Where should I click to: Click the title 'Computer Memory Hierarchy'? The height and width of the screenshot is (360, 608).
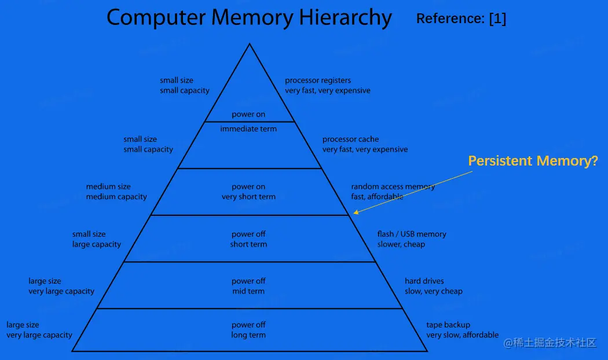(x=249, y=17)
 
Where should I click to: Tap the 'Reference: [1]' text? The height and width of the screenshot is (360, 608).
(x=461, y=19)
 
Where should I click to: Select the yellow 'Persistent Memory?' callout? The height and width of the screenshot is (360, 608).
(x=533, y=161)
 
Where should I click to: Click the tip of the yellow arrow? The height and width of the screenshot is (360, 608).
(x=354, y=214)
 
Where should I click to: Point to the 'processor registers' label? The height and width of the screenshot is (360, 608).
(x=318, y=80)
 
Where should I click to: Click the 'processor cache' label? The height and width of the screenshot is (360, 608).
(x=350, y=139)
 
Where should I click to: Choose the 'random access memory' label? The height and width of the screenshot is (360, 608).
(x=393, y=186)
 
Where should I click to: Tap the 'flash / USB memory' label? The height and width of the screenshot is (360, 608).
(x=412, y=234)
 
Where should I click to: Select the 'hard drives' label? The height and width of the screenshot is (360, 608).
(x=424, y=281)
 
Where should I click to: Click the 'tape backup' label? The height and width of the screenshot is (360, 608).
(x=448, y=325)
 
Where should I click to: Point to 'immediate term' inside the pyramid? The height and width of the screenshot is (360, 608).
(x=248, y=128)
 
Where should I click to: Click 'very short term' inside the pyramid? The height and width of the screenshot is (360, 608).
(x=248, y=197)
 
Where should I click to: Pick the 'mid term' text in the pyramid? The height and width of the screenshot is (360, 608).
(x=248, y=291)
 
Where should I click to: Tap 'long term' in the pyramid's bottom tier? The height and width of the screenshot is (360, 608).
(x=248, y=335)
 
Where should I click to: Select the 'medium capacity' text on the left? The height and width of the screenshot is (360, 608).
(x=116, y=197)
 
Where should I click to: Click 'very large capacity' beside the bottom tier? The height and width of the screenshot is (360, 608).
(x=39, y=335)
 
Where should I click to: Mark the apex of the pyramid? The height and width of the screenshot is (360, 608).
(x=250, y=44)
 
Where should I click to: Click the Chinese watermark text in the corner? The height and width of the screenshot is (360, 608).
(x=550, y=343)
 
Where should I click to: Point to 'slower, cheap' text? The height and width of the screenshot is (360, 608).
(x=401, y=244)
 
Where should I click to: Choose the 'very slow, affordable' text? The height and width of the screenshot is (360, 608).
(x=462, y=335)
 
